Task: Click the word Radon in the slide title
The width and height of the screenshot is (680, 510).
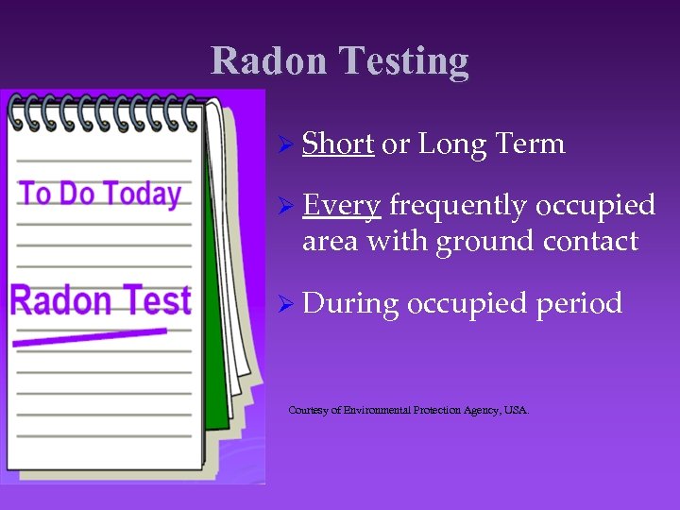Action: pos(269,60)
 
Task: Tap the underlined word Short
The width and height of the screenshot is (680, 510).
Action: pos(338,144)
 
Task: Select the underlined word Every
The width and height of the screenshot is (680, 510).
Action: pos(342,205)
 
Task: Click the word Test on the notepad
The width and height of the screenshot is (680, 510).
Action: pos(156,300)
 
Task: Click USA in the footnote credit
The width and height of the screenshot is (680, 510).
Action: pos(516,410)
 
